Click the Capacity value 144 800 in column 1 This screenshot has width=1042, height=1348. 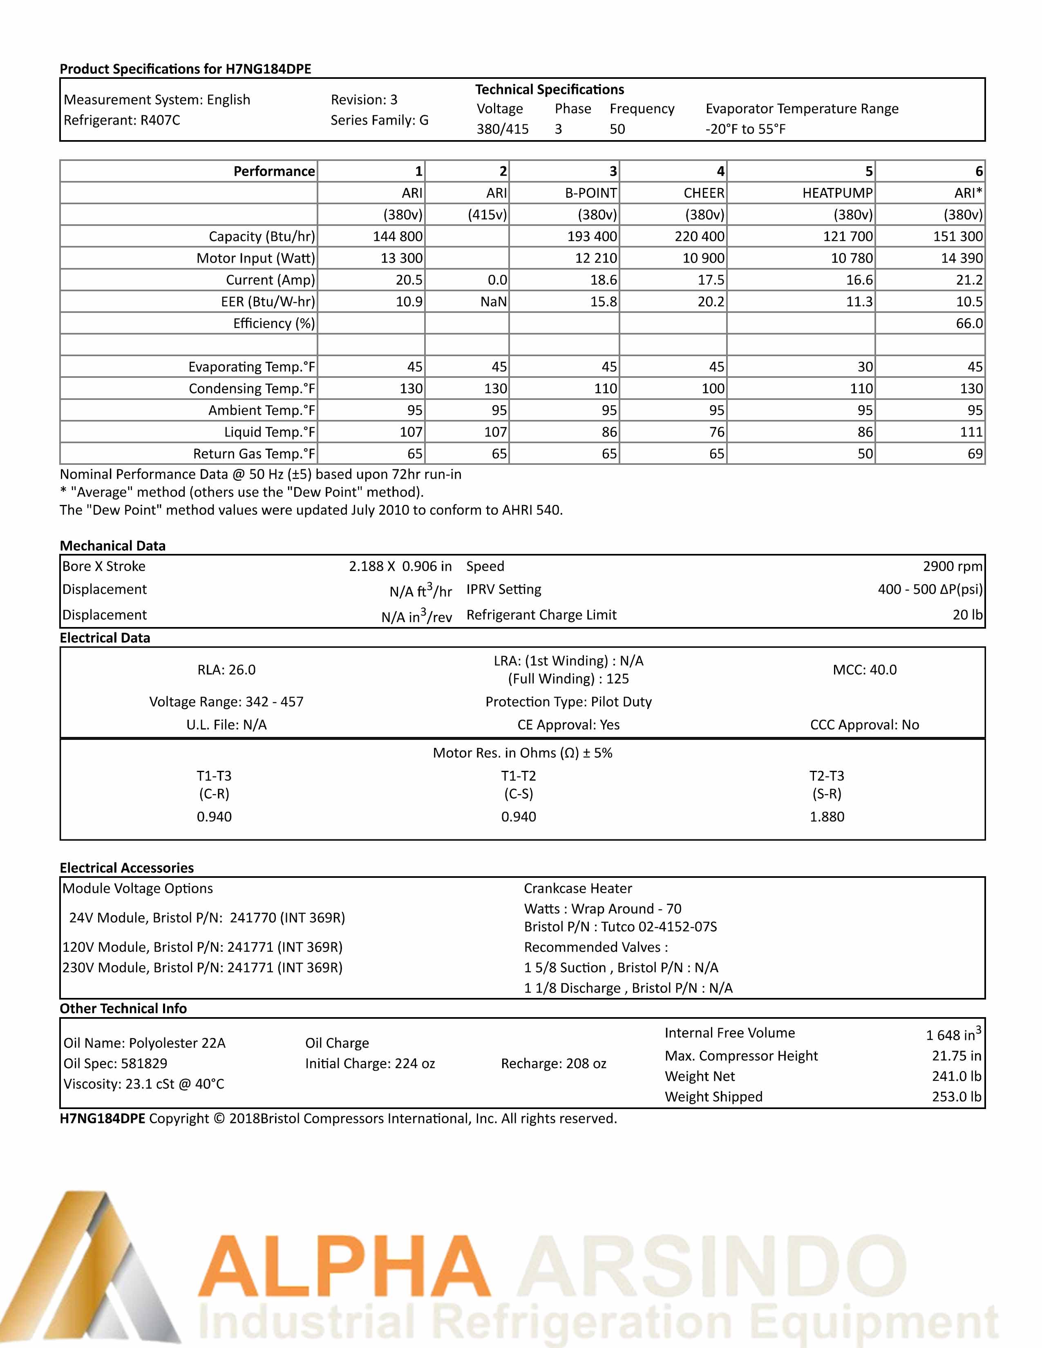click(x=398, y=237)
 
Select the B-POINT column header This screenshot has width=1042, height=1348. click(x=591, y=193)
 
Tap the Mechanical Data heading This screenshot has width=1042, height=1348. click(x=112, y=546)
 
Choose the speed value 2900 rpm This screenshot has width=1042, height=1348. click(x=953, y=566)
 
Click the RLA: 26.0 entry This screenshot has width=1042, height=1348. click(x=226, y=670)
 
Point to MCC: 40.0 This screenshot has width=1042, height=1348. click(x=864, y=670)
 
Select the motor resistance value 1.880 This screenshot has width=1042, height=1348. click(x=827, y=817)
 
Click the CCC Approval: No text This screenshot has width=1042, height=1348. click(x=864, y=725)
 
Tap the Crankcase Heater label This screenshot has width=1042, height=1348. click(x=578, y=888)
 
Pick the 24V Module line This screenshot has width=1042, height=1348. click(x=207, y=918)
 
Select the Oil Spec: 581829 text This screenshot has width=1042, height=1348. click(x=115, y=1063)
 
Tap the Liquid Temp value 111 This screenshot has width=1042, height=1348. click(x=971, y=432)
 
